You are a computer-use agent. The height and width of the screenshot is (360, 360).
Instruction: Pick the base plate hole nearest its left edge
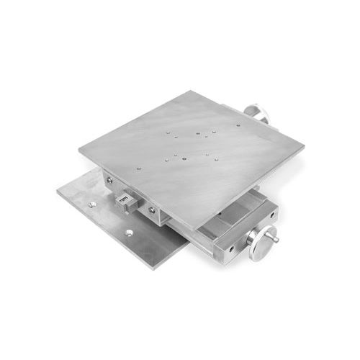[x=91, y=204]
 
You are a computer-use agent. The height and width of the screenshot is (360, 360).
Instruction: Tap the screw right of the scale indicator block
[x=152, y=210]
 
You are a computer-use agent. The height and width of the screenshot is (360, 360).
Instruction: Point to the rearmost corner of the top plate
[x=191, y=91]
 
